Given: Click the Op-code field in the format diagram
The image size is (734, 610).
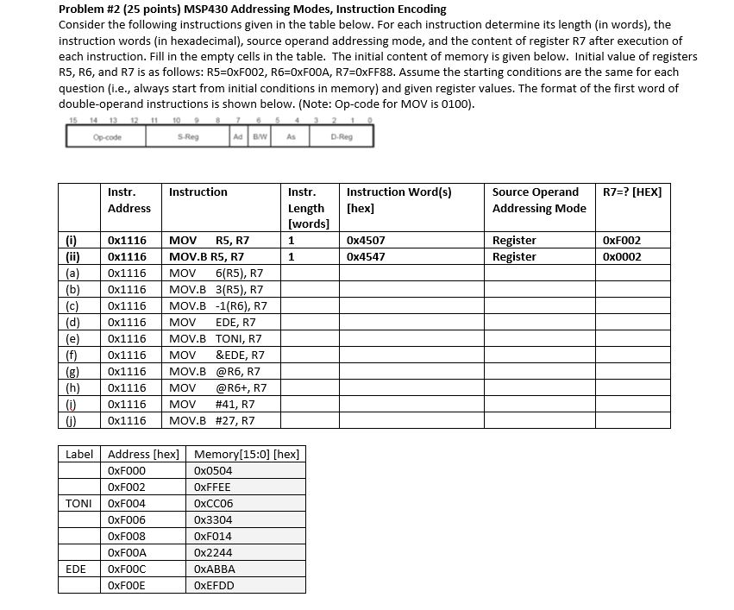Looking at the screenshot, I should click(106, 136).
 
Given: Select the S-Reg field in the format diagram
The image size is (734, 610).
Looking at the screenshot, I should click(187, 136).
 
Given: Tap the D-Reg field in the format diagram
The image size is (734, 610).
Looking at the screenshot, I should click(341, 136).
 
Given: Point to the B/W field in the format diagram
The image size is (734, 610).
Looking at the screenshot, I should click(258, 136).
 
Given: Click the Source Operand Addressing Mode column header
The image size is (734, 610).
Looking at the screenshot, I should click(538, 200).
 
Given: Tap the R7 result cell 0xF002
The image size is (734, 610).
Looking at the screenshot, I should click(622, 241).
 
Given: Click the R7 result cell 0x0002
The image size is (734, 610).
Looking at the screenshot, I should click(622, 257).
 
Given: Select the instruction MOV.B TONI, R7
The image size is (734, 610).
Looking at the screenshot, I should click(215, 339).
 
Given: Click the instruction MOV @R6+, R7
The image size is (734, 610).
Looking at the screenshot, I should click(217, 388).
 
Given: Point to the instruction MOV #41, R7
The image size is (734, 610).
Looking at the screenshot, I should click(212, 405).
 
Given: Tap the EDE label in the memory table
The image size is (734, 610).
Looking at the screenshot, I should click(77, 569).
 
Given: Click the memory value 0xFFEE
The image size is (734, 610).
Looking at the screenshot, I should click(213, 487).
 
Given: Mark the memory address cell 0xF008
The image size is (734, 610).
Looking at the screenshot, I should click(127, 537).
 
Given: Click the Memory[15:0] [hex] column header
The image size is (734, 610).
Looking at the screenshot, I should click(247, 455).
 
